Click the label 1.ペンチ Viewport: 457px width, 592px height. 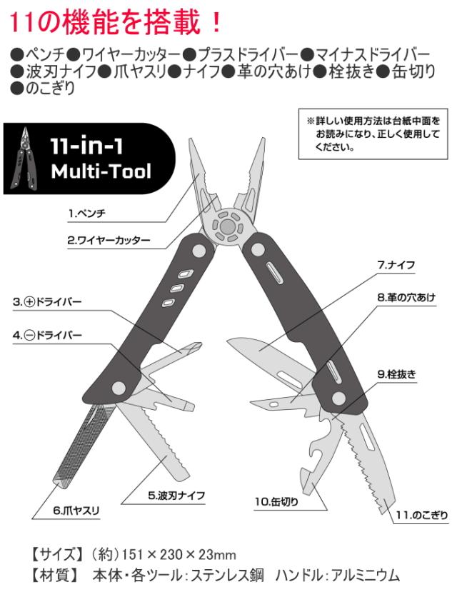pyautogui.click(x=91, y=213)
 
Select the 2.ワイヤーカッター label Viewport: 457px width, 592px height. pyautogui.click(x=109, y=240)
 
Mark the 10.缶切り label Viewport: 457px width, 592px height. pyautogui.click(x=276, y=501)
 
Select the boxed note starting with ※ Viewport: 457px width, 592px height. pyautogui.click(x=371, y=134)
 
